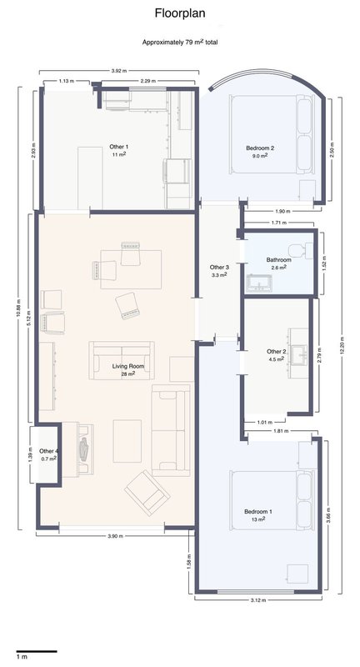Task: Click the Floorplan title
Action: (180, 13)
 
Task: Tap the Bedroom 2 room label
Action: (260, 148)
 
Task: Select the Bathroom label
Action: (279, 260)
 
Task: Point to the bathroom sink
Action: (260, 283)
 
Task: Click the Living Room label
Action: (128, 366)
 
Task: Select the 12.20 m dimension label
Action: (343, 346)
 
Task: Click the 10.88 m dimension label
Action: (17, 308)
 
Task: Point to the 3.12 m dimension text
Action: (258, 600)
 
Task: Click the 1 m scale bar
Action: (37, 651)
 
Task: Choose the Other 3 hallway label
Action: (220, 267)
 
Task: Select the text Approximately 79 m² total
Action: (180, 43)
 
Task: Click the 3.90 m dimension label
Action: (115, 536)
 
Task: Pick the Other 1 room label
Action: (118, 147)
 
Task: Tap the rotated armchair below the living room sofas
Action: (147, 493)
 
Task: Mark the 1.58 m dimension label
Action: (189, 561)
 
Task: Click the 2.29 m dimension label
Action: (147, 81)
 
